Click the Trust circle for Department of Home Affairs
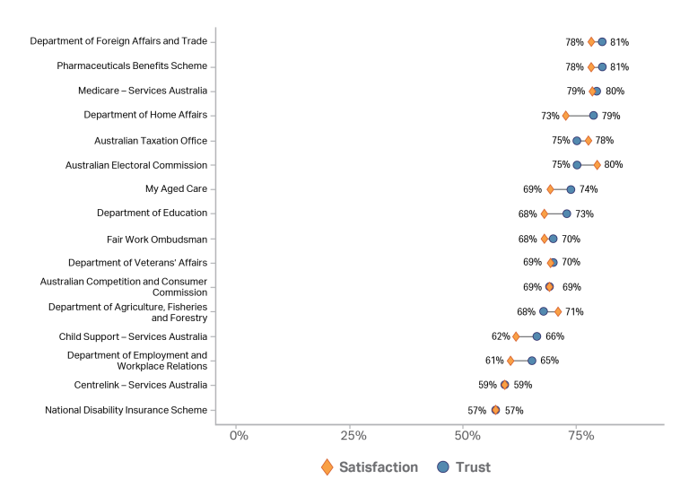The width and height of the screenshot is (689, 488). [x=593, y=115]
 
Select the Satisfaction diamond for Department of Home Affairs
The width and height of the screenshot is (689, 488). [x=565, y=115]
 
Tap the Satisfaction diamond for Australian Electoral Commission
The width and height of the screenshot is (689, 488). [x=597, y=164]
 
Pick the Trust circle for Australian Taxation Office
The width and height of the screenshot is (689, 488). [x=577, y=140]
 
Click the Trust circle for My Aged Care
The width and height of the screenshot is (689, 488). [x=571, y=189]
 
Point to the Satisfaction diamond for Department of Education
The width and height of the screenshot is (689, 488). [x=545, y=213]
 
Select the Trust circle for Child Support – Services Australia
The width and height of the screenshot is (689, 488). [x=536, y=336]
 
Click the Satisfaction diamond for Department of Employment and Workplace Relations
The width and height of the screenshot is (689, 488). [x=510, y=361]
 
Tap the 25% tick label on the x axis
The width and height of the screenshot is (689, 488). [x=353, y=436]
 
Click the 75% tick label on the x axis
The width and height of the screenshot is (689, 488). [x=581, y=436]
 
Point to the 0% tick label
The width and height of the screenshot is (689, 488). [x=239, y=436]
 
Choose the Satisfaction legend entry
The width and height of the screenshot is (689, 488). [x=369, y=466]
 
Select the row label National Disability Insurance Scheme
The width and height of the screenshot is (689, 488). [x=126, y=410]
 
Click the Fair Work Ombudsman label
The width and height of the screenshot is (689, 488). [x=156, y=239]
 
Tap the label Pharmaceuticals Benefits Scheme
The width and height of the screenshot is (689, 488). [x=131, y=65]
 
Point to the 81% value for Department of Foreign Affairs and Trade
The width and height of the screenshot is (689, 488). [x=619, y=42]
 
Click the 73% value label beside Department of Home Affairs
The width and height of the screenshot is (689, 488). [x=550, y=116]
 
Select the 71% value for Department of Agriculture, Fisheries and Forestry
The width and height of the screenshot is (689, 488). [x=574, y=312]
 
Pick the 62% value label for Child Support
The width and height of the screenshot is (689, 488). [x=501, y=336]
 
